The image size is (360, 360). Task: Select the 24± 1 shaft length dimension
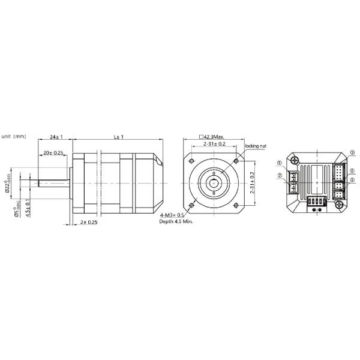(56, 137)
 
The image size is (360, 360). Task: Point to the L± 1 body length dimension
(118, 137)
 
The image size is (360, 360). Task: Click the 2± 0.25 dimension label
(88, 222)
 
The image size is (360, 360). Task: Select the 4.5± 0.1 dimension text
(28, 209)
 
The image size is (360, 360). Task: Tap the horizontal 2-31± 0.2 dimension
(214, 144)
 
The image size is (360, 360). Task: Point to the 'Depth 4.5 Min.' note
(176, 222)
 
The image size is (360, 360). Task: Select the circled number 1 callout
(280, 163)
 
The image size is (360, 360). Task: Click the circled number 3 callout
(352, 152)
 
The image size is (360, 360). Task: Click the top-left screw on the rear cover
(296, 160)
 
